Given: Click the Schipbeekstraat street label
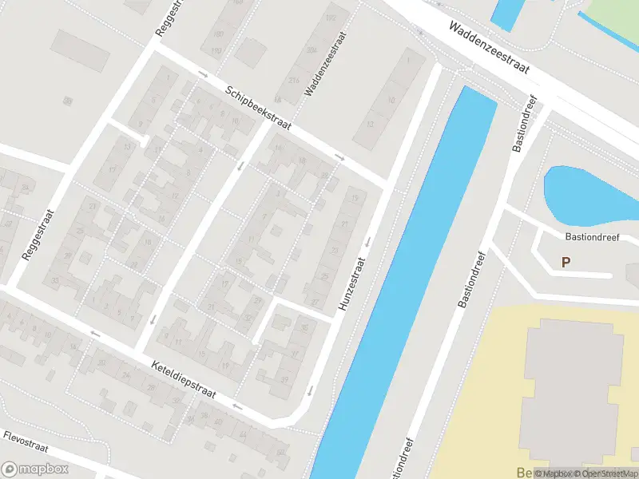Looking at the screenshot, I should pyautogui.click(x=258, y=109).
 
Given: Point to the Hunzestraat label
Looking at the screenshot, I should pyautogui.click(x=351, y=283).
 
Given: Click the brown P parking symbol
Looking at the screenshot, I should pyautogui.click(x=566, y=262).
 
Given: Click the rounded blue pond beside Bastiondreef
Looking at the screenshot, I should pyautogui.click(x=587, y=194).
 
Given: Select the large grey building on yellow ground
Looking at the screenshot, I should pyautogui.click(x=571, y=391).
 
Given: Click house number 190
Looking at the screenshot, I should pyautogui.click(x=216, y=51).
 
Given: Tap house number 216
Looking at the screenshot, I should pyautogui.click(x=295, y=81).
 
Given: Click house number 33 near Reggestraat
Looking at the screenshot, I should pyautogui.click(x=54, y=281).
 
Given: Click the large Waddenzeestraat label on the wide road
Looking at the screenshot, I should pyautogui.click(x=489, y=48).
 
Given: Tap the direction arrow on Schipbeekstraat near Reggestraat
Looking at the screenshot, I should pyautogui.click(x=203, y=76).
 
